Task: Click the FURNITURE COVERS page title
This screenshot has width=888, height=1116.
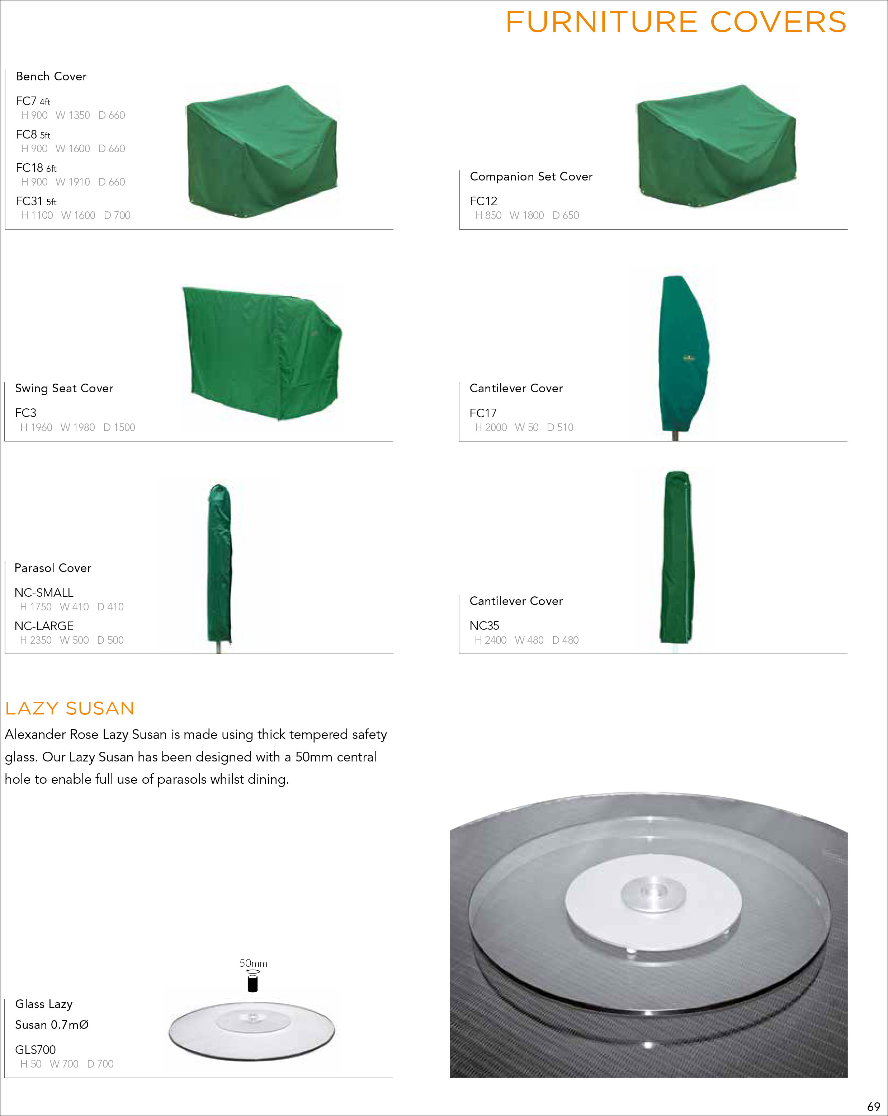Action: (x=676, y=22)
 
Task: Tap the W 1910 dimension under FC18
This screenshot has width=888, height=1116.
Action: (x=72, y=182)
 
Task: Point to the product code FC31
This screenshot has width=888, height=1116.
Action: (x=29, y=201)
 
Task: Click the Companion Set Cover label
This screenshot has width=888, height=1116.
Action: (x=531, y=177)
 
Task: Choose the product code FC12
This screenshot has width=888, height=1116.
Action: (x=483, y=201)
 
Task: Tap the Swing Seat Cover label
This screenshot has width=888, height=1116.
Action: (x=64, y=388)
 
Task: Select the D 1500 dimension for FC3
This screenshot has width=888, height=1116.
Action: (x=119, y=427)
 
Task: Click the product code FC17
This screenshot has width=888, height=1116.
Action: (x=483, y=413)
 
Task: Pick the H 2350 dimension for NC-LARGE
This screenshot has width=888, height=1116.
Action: (x=36, y=640)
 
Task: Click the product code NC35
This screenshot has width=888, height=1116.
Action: (x=485, y=625)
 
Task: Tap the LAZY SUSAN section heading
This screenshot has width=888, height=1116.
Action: (x=70, y=708)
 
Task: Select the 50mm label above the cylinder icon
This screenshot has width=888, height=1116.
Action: (x=253, y=963)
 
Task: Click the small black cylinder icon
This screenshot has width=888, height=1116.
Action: (x=252, y=981)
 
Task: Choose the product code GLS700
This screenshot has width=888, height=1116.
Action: (x=35, y=1049)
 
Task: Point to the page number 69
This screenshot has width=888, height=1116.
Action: (x=874, y=1106)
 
